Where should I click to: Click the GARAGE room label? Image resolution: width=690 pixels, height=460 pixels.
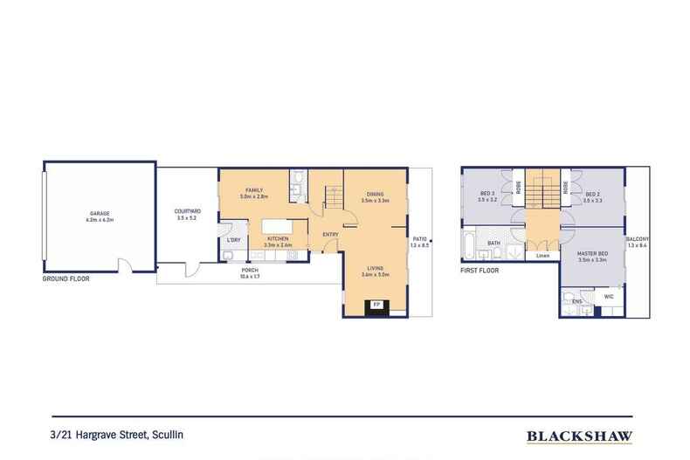100,213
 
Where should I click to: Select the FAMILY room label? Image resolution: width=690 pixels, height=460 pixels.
254,189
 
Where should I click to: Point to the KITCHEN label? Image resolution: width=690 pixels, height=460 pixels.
277,238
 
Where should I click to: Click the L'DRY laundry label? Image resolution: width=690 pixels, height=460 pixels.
233,239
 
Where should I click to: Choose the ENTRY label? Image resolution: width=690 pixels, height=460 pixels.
329,234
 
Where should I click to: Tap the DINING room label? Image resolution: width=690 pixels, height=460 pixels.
375,196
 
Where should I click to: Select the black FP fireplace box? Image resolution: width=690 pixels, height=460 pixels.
376,306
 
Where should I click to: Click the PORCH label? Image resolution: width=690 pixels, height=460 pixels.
250,271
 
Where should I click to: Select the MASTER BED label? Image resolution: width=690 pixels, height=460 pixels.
591,256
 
